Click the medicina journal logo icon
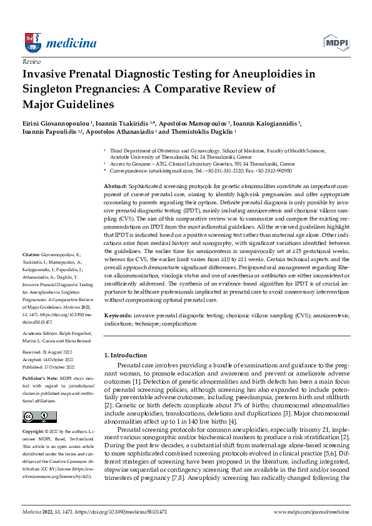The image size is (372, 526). pos(31,42)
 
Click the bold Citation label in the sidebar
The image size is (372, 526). pos(31,273)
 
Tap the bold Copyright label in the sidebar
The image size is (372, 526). pos(34,431)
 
